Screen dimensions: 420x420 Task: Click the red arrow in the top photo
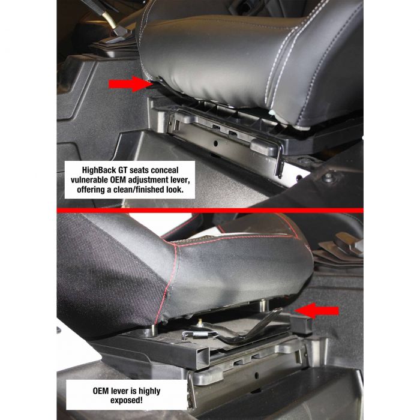(x=131, y=84)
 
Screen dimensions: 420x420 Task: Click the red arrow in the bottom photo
(x=317, y=311)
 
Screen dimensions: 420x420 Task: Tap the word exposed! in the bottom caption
(x=127, y=400)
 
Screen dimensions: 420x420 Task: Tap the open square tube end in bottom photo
(x=202, y=358)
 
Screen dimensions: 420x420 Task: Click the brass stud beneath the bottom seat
(x=200, y=323)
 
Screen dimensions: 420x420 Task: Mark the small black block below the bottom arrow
(x=301, y=325)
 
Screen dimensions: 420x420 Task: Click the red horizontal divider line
(x=210, y=211)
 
